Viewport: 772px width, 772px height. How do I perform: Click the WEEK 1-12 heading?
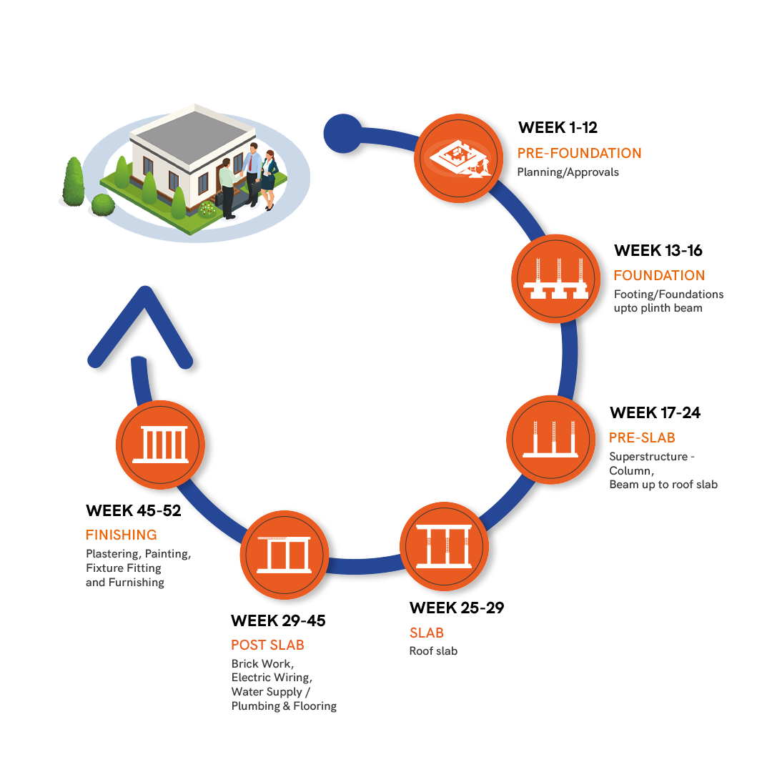(x=558, y=128)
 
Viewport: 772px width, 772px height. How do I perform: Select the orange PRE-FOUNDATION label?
(x=579, y=153)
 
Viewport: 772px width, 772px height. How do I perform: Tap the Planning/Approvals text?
(x=568, y=172)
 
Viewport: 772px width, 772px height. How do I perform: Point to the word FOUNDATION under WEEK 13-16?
(x=659, y=275)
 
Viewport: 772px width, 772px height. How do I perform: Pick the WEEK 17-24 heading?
(x=655, y=413)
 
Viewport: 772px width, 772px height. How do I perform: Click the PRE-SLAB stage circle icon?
(x=550, y=437)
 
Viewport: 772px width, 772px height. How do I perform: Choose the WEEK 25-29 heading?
(x=456, y=608)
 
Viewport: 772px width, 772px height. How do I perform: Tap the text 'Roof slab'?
(x=433, y=651)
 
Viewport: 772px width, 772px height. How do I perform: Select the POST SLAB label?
(x=267, y=645)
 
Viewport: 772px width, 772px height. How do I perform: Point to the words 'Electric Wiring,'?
(x=272, y=678)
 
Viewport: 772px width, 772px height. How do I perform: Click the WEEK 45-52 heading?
(x=133, y=510)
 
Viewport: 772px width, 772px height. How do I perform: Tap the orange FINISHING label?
(x=121, y=535)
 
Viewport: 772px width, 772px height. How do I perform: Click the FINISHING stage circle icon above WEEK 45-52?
(x=161, y=444)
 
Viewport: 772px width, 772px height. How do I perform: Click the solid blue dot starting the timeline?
(x=342, y=133)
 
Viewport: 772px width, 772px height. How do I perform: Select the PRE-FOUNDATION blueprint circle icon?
(x=458, y=157)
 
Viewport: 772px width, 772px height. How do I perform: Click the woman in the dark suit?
(x=268, y=179)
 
